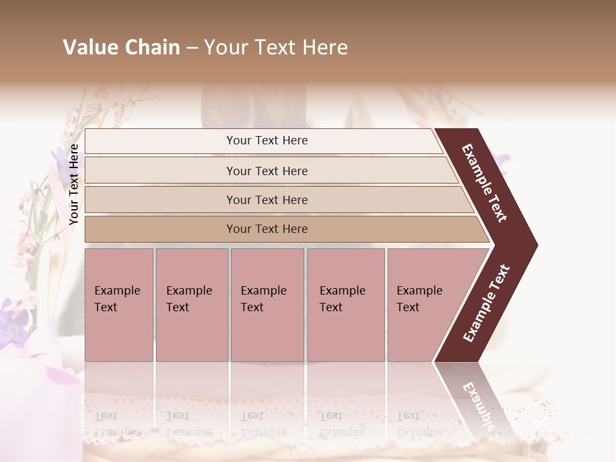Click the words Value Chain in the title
(121, 47)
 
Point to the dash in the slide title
(192, 48)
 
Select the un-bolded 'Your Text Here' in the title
(275, 47)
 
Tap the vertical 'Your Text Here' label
(74, 184)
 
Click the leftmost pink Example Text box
(119, 305)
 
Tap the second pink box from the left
(192, 305)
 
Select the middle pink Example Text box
(267, 305)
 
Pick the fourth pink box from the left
(346, 305)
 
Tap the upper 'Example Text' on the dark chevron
(485, 183)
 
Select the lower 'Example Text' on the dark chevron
(486, 303)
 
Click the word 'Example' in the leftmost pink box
(117, 291)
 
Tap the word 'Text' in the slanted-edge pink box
(407, 307)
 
